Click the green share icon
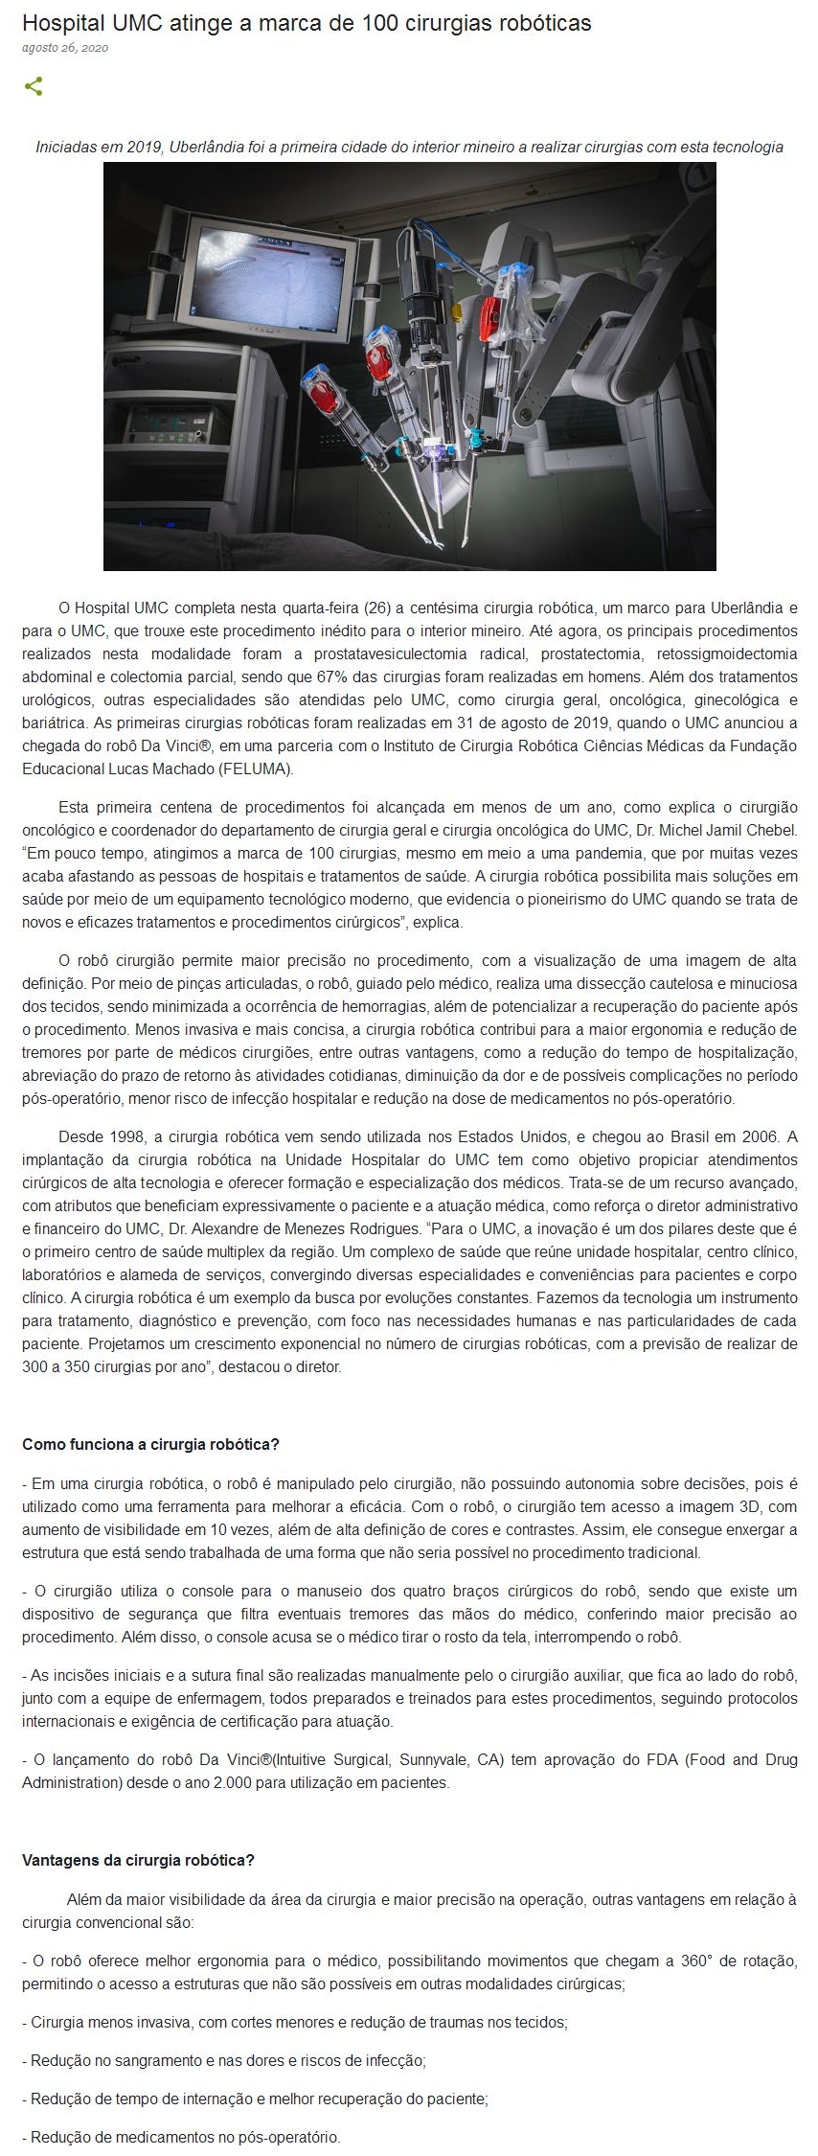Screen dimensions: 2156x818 point(34,87)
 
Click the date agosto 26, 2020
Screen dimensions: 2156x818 point(64,47)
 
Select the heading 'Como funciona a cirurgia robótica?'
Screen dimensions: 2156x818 point(150,1444)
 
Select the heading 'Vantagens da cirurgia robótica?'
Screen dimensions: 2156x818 point(138,1860)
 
